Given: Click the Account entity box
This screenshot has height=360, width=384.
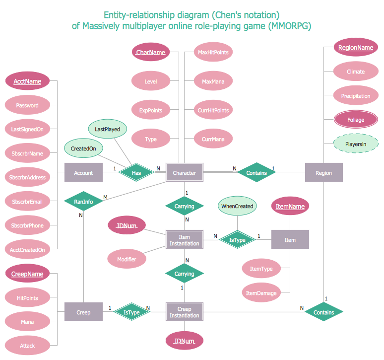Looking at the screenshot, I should (x=83, y=173).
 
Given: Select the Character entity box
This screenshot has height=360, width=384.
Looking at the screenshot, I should (x=184, y=173).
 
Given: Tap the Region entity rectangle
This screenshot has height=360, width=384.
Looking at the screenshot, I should (x=323, y=173).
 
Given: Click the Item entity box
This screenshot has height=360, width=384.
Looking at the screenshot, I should (x=290, y=240).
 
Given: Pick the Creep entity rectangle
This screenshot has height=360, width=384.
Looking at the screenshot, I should (x=83, y=312).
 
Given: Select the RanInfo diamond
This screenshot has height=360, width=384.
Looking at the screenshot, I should (x=83, y=201).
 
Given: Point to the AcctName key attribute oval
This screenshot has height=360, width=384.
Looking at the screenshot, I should (x=27, y=81).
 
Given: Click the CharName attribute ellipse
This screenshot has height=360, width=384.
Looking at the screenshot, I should (x=150, y=52).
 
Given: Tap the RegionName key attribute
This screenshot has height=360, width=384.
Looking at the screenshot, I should (x=355, y=48).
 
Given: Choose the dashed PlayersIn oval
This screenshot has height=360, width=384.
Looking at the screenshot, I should (x=355, y=144).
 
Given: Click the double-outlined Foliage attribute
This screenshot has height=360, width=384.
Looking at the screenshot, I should (x=355, y=120).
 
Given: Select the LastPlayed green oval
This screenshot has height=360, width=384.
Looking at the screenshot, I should (x=108, y=129).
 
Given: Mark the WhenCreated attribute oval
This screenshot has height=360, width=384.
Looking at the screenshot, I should (x=237, y=206).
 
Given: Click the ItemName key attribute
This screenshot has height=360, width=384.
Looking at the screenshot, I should (x=290, y=206).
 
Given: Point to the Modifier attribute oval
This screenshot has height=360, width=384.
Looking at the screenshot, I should (x=127, y=258).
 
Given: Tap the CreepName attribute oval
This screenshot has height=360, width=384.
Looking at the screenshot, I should (x=27, y=274).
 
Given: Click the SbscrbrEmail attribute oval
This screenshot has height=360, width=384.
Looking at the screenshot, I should (x=27, y=202).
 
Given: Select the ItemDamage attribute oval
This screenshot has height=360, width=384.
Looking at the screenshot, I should (x=261, y=293).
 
